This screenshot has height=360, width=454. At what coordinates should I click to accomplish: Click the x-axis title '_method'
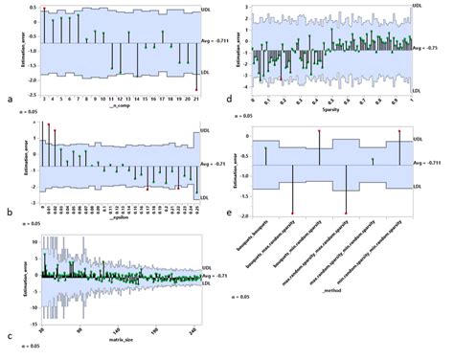[x=327, y=288]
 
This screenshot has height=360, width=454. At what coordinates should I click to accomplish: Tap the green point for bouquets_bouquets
[x=266, y=150]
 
